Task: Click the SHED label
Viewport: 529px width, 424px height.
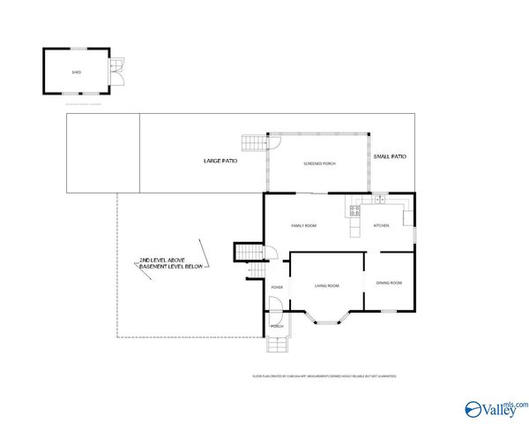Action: click(x=77, y=72)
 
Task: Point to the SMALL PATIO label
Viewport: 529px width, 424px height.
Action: click(x=390, y=156)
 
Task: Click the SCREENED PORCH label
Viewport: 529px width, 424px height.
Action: click(x=318, y=164)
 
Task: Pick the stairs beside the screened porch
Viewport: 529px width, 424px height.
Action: click(x=253, y=142)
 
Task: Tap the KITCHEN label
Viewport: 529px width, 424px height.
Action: click(x=381, y=226)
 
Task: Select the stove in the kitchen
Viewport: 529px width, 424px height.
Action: click(x=354, y=211)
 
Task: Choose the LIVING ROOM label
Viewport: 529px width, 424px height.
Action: click(x=327, y=285)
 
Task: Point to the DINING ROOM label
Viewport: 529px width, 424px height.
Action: click(x=389, y=283)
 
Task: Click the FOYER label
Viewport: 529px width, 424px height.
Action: click(x=277, y=287)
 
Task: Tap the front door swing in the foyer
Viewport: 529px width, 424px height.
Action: click(x=276, y=307)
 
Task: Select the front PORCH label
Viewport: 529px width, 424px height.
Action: click(x=277, y=327)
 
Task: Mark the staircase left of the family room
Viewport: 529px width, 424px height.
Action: click(x=248, y=253)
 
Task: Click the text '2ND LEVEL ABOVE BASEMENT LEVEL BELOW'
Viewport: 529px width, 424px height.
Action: click(x=171, y=263)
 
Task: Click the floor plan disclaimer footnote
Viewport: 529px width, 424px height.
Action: click(x=324, y=376)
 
